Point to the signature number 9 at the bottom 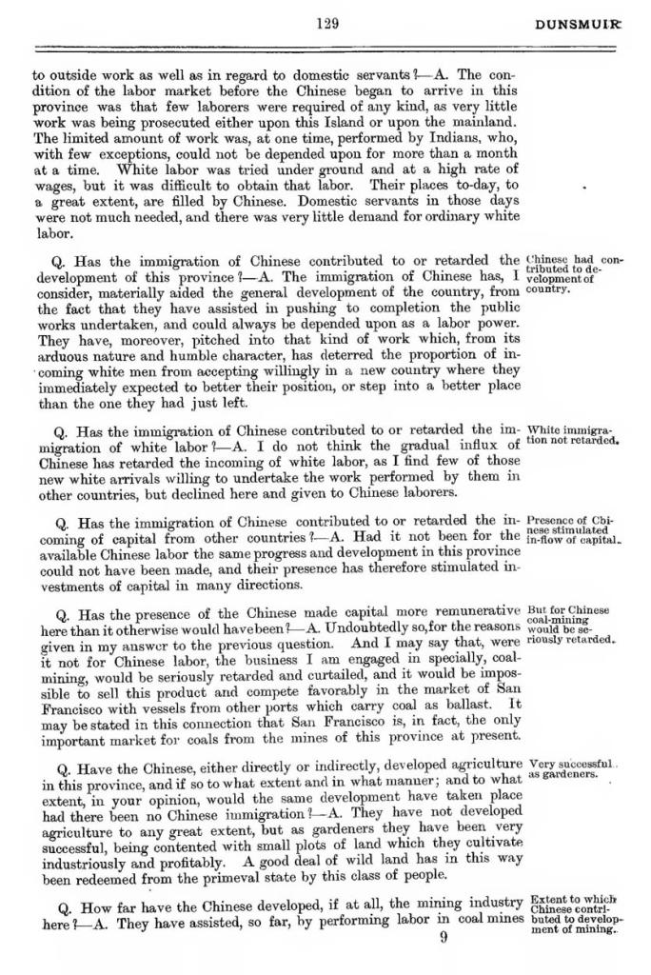(x=444, y=937)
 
